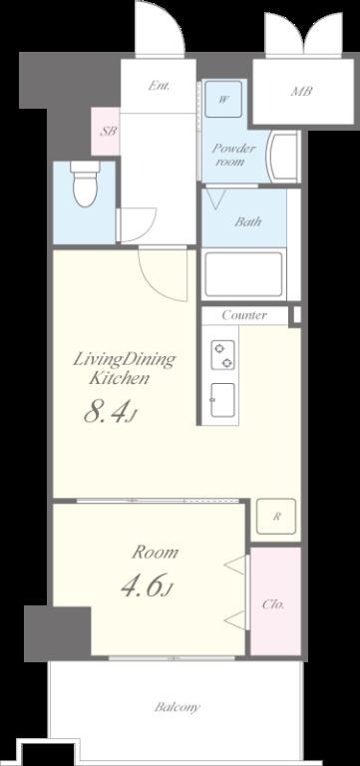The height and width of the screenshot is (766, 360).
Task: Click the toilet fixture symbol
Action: click(85, 184)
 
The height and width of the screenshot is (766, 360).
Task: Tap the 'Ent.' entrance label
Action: click(160, 87)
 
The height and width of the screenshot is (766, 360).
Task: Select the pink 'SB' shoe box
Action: click(106, 132)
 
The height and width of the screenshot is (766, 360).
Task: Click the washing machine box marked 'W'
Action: click(223, 99)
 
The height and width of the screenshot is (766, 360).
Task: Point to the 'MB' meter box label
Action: click(301, 91)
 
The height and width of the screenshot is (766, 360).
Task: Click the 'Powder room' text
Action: click(233, 154)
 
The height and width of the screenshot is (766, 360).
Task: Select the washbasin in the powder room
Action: click(283, 157)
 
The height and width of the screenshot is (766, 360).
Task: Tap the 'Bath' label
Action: click(247, 221)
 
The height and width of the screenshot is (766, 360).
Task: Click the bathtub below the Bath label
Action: click(243, 274)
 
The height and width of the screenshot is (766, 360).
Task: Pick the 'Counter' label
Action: click(244, 315)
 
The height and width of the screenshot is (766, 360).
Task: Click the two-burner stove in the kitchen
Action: click(222, 355)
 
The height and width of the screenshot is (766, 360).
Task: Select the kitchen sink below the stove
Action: click(222, 400)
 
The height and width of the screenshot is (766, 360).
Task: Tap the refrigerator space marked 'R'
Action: click(276, 516)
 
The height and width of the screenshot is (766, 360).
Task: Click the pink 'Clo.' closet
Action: click(275, 600)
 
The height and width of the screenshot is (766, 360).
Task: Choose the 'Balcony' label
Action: click(178, 707)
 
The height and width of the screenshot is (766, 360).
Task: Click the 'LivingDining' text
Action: click(124, 361)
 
